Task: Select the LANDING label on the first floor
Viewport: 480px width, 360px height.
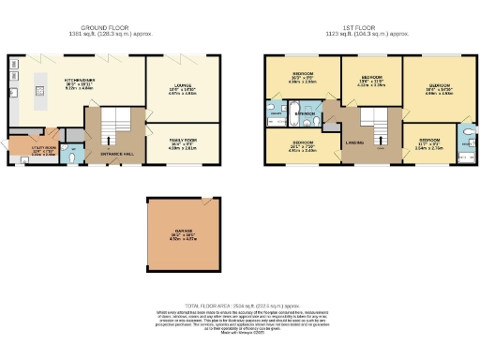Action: [x=355, y=142]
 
